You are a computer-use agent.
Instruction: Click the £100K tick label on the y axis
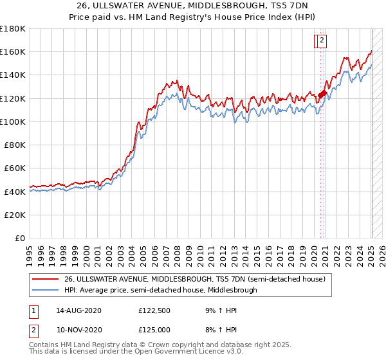(x=13, y=122)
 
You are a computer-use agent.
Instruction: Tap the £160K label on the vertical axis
(x=13, y=51)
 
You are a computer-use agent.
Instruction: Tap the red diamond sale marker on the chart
(x=321, y=94)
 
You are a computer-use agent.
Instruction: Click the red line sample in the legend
(x=46, y=279)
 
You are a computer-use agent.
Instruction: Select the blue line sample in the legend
(x=46, y=290)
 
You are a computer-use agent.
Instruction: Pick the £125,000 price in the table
(x=154, y=330)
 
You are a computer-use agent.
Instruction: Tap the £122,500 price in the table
(x=154, y=310)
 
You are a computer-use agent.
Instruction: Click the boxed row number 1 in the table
(x=33, y=310)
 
